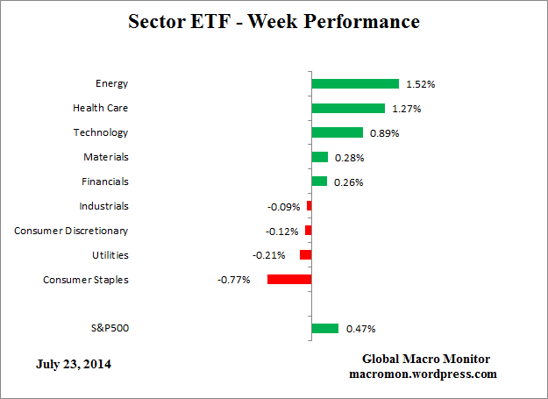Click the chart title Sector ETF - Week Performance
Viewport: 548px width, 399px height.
point(274,21)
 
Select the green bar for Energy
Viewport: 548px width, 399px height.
point(355,84)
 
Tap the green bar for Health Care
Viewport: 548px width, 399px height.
point(348,109)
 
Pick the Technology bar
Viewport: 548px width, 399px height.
point(338,132)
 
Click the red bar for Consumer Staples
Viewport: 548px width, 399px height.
point(289,279)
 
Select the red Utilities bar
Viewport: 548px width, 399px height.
point(305,254)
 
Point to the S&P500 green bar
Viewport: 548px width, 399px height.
point(325,328)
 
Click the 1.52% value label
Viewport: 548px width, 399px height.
point(420,85)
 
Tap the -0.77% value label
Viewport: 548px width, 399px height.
point(234,280)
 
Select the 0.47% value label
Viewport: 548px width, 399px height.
point(360,329)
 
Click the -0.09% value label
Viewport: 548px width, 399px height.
point(283,207)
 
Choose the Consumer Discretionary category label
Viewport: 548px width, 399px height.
point(71,231)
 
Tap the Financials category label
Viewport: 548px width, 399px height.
point(105,182)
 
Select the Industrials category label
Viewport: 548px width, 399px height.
point(103,206)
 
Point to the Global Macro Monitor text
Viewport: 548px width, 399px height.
point(426,360)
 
